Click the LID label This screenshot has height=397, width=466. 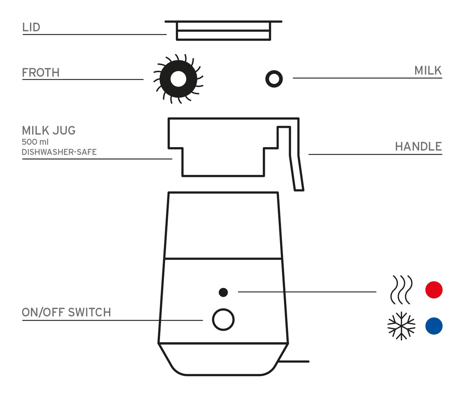coord(31,27)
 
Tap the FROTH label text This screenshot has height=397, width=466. coord(41,73)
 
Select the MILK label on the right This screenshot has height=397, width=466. coord(428,71)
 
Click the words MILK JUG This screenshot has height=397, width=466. coord(49,130)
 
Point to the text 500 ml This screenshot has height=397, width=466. coord(35,142)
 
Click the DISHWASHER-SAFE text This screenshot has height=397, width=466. coord(59,152)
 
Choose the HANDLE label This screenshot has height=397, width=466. coord(418,146)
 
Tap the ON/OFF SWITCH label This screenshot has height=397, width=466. coord(66,312)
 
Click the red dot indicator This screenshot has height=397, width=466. coord(434,290)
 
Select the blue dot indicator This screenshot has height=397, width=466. coord(434,326)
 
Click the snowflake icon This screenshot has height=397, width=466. coord(401,326)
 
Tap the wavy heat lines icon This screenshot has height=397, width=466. coord(400,290)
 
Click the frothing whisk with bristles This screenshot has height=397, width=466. coord(178,79)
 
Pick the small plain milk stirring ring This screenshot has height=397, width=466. coord(274,79)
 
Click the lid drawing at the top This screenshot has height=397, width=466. coord(223,31)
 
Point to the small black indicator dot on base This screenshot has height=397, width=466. coord(223,292)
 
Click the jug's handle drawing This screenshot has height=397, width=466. coord(296,171)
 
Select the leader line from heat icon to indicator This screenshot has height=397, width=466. coord(307,291)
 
